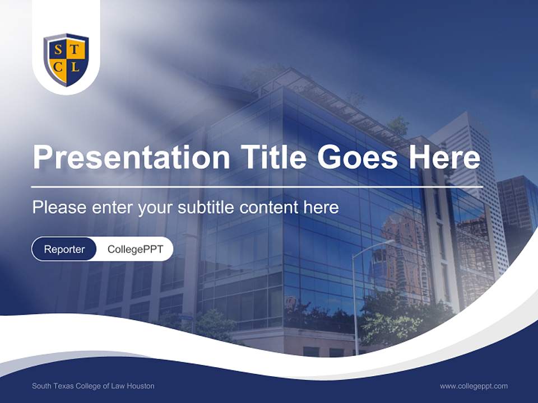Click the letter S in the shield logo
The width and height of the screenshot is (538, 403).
58,51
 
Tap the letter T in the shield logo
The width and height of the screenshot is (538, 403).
75,51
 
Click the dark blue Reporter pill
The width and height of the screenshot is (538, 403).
64,249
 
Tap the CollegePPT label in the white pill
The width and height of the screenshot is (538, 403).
135,249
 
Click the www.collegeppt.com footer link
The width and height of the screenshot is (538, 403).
474,386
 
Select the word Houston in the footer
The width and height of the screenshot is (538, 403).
140,386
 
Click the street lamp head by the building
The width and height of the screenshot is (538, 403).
387,242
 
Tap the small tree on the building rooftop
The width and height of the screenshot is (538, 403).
398,124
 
